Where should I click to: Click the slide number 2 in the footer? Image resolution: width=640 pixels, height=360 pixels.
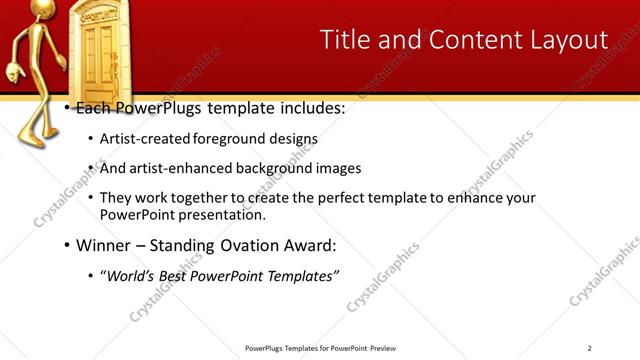590,348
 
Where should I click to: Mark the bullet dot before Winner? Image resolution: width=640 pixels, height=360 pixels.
66,245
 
